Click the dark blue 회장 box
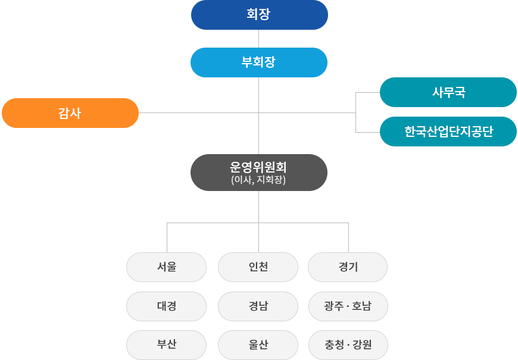click(x=260, y=15)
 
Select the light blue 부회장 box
click(x=259, y=62)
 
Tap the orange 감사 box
click(x=70, y=113)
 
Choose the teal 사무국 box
click(x=448, y=92)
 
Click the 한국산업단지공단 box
click(x=448, y=132)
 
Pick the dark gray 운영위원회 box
click(x=259, y=173)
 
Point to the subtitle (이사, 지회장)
click(x=258, y=180)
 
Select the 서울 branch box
click(x=167, y=267)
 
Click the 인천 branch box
click(x=258, y=267)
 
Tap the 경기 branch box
click(x=348, y=267)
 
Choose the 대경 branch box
click(x=167, y=306)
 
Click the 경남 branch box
click(x=258, y=306)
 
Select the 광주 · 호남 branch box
click(x=348, y=306)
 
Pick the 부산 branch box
click(x=167, y=345)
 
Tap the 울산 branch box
click(x=258, y=345)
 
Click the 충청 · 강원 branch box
click(x=348, y=345)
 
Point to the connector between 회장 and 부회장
click(x=258, y=39)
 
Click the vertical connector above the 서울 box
click(x=167, y=238)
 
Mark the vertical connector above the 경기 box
click(x=348, y=238)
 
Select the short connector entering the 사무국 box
click(x=368, y=92)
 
